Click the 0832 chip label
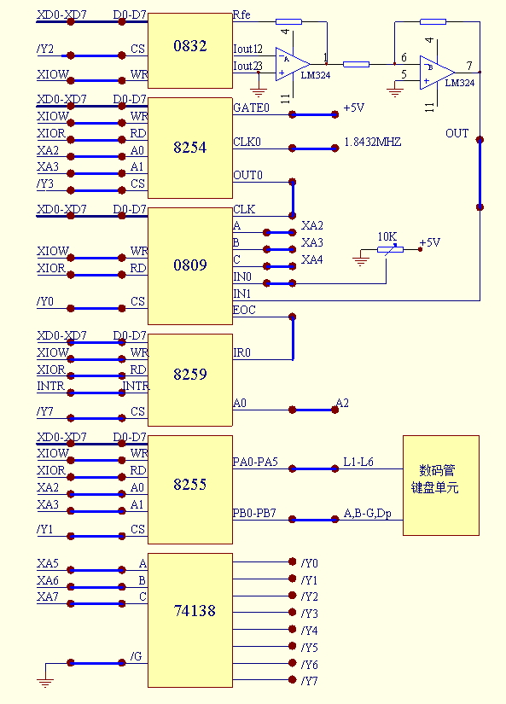(x=190, y=46)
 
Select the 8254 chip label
(x=190, y=148)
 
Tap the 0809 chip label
(x=190, y=265)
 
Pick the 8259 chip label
(x=190, y=374)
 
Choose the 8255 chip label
(x=190, y=485)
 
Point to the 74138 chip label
(x=195, y=611)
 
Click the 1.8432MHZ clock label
(x=372, y=143)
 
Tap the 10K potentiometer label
(x=387, y=236)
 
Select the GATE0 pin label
(x=251, y=108)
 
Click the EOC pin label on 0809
(x=244, y=310)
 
